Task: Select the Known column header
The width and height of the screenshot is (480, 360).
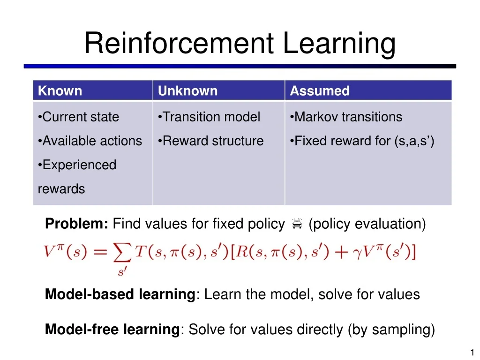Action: [x=60, y=91]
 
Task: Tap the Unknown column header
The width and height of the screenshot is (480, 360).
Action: [x=187, y=91]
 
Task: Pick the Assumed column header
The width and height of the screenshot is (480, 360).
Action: [x=320, y=91]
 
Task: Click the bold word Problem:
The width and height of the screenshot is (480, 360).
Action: [x=77, y=224]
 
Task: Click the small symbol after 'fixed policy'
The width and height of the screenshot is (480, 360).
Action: [x=296, y=225]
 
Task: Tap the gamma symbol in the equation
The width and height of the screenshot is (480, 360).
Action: [x=361, y=253]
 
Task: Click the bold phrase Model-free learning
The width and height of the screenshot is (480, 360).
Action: [x=112, y=330]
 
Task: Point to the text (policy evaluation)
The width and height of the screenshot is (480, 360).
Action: [x=367, y=224]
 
